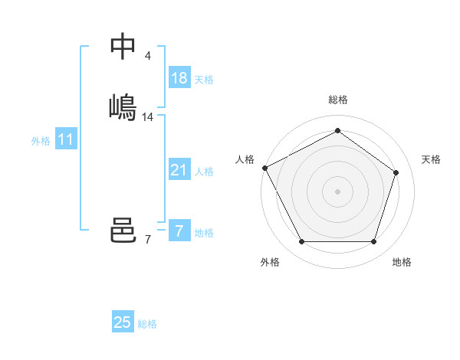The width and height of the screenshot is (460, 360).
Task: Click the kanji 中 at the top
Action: click(x=123, y=46)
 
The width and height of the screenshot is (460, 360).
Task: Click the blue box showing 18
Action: click(x=179, y=78)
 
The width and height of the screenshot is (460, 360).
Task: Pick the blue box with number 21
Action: click(x=179, y=170)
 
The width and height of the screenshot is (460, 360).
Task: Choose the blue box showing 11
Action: click(x=66, y=139)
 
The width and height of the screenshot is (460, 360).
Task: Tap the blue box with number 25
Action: click(x=123, y=322)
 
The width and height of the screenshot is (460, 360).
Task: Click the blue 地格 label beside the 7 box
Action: click(x=204, y=233)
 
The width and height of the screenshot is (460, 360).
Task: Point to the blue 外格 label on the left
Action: click(x=41, y=141)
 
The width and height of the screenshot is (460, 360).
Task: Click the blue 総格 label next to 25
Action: click(x=147, y=324)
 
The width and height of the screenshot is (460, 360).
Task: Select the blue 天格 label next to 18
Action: click(x=204, y=80)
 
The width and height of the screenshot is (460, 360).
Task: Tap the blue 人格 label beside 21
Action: click(x=204, y=172)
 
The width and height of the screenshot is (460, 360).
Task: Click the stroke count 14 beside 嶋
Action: click(x=148, y=117)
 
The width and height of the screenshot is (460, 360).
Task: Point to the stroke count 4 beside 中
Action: click(x=147, y=56)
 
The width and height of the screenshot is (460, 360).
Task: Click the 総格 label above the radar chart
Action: click(x=337, y=100)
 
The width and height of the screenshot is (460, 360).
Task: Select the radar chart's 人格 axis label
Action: click(x=245, y=159)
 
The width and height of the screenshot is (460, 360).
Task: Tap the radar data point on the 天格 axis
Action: click(x=396, y=172)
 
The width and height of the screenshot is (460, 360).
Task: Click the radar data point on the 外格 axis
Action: click(x=301, y=242)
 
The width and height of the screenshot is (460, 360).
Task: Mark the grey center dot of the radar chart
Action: click(x=337, y=191)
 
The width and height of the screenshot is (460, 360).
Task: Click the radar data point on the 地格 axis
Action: click(x=373, y=242)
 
